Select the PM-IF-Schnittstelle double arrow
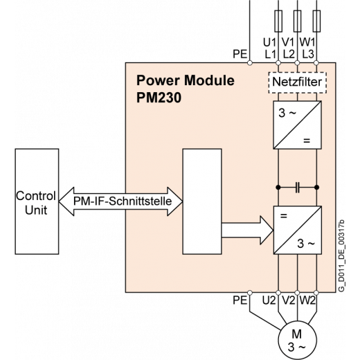(x=120, y=201)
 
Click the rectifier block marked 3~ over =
(x=297, y=125)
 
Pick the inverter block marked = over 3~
(x=297, y=230)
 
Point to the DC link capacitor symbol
(x=298, y=188)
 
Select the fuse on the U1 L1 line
(x=278, y=21)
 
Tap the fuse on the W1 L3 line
(x=316, y=21)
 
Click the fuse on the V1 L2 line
(x=297, y=21)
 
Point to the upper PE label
(x=240, y=54)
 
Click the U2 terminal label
(x=269, y=300)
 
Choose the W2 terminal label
(x=307, y=300)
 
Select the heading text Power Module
(x=186, y=80)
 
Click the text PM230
(x=159, y=98)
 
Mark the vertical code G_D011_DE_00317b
(x=342, y=255)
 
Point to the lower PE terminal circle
(x=250, y=293)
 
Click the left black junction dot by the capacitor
(x=278, y=188)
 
